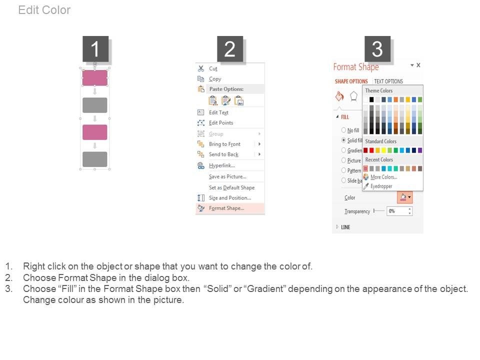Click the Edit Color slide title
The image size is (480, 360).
[44, 10]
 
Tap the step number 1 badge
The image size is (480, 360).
[95, 49]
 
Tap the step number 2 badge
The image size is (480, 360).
[229, 49]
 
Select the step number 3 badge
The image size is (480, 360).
[377, 49]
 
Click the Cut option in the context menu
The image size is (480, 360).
[213, 68]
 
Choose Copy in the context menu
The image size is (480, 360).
[215, 79]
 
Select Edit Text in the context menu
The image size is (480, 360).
[218, 112]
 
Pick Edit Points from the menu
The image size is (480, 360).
[221, 123]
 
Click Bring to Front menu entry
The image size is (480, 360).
[224, 144]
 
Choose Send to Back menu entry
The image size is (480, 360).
[223, 154]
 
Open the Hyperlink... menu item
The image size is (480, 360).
[222, 165]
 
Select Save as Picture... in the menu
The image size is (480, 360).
[227, 176]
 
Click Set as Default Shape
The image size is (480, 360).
[231, 187]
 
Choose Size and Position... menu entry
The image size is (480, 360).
[230, 198]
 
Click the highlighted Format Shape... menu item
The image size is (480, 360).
[226, 208]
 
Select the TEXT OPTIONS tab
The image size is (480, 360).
[388, 81]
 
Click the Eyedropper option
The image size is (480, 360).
[381, 186]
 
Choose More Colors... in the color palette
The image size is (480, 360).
[383, 177]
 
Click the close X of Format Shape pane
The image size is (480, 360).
[418, 65]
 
